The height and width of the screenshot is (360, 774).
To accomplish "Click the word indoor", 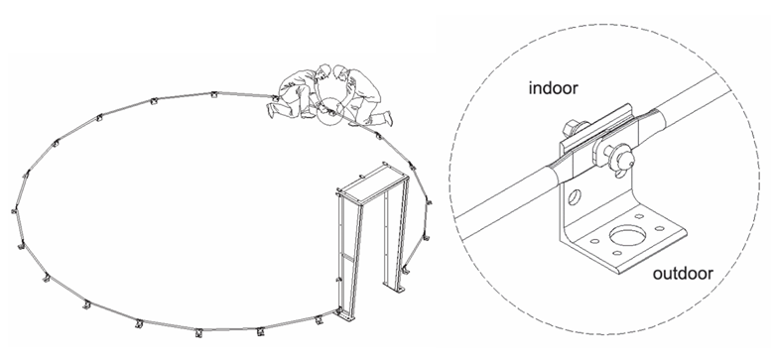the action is (553, 88).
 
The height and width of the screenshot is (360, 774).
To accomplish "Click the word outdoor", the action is (683, 273).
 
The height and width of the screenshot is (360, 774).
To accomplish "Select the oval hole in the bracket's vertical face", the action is (576, 196).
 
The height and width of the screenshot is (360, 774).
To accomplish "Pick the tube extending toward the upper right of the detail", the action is (691, 103).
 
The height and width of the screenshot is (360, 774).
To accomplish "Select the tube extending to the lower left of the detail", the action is (508, 203).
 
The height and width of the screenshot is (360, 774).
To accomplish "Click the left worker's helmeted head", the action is (323, 71).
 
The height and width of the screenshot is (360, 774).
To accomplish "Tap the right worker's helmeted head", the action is (338, 72).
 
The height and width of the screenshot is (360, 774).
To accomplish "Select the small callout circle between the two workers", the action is (329, 110).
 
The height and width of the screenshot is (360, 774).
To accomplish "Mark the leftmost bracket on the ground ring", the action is (15, 210).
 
